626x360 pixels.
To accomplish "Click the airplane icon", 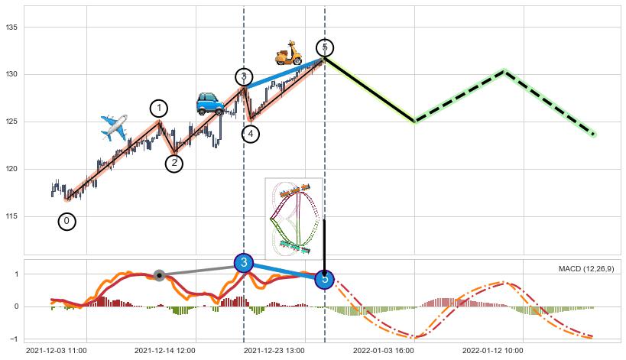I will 114,128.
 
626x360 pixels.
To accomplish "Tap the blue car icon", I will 209,103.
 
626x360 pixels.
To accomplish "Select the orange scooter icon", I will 288,53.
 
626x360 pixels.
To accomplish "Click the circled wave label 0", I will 66,222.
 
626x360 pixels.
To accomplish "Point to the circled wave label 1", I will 159,109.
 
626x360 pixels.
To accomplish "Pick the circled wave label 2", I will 174,163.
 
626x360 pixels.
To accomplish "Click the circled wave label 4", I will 251,134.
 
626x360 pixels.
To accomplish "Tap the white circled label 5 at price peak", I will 325,47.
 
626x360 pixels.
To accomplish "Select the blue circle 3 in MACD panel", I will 244,263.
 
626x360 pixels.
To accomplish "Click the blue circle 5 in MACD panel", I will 325,279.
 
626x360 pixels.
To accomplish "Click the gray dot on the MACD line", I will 159,275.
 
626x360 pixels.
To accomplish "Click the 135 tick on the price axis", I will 15,28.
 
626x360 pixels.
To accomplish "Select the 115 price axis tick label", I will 15,217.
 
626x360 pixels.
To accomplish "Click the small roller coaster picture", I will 294,217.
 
